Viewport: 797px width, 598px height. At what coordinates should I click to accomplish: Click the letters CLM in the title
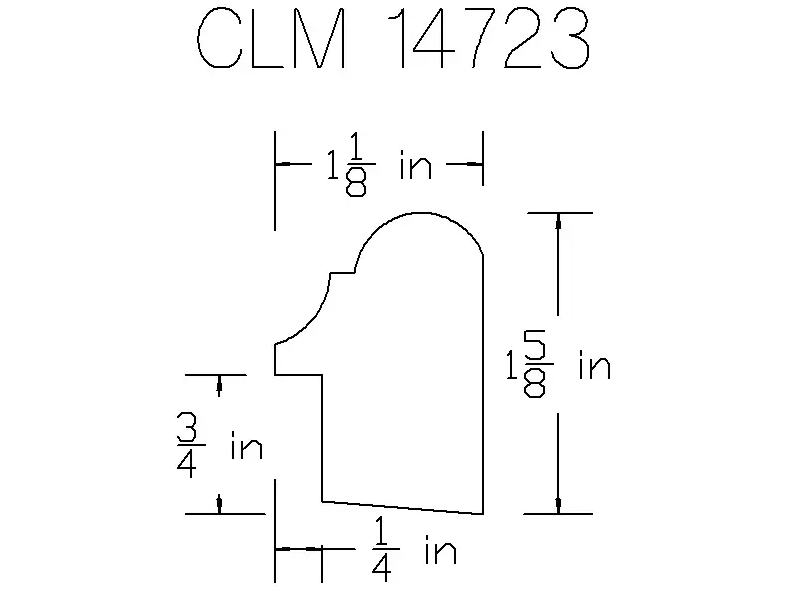click(271, 38)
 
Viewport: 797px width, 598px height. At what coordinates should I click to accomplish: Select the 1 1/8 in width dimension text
click(380, 164)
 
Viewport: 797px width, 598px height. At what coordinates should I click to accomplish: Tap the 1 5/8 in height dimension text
click(558, 364)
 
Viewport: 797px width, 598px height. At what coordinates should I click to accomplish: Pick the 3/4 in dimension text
click(219, 446)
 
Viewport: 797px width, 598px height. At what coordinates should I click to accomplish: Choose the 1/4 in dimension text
click(413, 549)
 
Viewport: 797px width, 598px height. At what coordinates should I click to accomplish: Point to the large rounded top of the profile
click(419, 213)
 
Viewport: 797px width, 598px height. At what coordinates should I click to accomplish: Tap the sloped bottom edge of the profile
click(402, 508)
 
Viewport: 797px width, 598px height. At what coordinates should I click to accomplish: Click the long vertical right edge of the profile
click(483, 385)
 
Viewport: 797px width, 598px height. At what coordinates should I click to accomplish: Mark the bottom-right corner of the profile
click(483, 514)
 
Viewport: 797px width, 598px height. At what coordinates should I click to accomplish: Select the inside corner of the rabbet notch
click(322, 375)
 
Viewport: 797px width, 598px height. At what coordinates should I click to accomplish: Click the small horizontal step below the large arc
click(343, 273)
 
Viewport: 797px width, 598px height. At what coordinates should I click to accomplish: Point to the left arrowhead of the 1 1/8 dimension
click(283, 164)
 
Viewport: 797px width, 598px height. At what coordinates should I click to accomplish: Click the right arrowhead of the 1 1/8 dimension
click(475, 164)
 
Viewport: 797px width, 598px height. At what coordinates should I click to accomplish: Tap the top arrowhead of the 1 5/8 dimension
click(558, 221)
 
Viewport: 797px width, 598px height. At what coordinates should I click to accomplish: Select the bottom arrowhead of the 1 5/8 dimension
click(558, 506)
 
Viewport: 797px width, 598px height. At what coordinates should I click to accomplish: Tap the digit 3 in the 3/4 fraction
click(187, 428)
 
